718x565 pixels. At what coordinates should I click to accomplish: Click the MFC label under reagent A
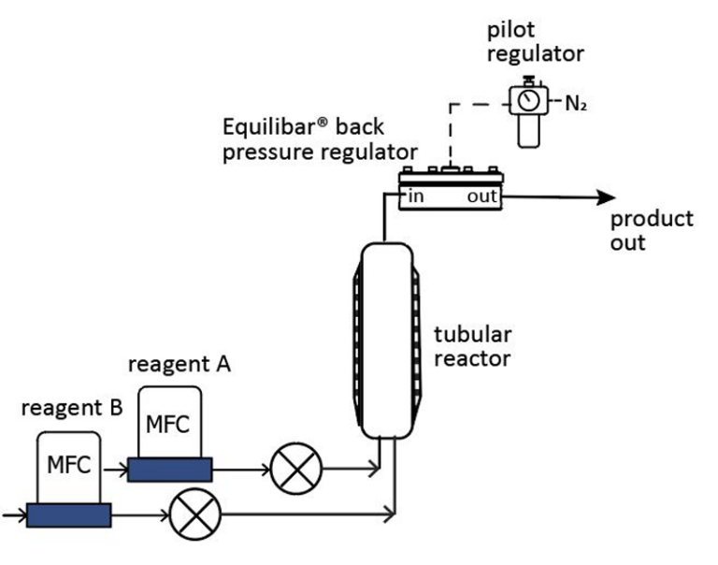[x=167, y=425]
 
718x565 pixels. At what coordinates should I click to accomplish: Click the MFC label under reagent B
[x=68, y=465]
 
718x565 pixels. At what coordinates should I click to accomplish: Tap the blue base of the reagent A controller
[x=170, y=470]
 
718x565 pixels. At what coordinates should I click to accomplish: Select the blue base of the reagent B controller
[x=68, y=515]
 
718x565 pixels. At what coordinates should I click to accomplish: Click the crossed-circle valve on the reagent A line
[x=296, y=469]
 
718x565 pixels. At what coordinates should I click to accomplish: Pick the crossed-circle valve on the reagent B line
[x=195, y=514]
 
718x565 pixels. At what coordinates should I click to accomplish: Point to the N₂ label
[x=576, y=104]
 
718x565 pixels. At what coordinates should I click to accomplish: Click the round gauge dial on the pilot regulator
[x=528, y=100]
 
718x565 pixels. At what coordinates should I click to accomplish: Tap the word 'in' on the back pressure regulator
[x=416, y=196]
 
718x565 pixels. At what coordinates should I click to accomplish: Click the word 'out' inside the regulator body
[x=481, y=196]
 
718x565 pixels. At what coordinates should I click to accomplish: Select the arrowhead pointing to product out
[x=606, y=197]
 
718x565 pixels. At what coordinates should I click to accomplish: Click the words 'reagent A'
[x=179, y=365]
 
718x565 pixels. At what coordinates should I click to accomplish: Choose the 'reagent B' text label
[x=72, y=408]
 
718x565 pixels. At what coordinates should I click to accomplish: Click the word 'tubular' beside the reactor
[x=472, y=335]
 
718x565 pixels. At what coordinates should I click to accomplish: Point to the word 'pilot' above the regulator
[x=510, y=31]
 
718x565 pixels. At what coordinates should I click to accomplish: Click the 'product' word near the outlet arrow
[x=652, y=220]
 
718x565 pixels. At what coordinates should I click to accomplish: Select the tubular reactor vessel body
[x=387, y=340]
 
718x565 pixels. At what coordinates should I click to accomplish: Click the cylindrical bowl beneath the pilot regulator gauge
[x=529, y=131]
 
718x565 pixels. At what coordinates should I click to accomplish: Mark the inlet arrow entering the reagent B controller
[x=15, y=515]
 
